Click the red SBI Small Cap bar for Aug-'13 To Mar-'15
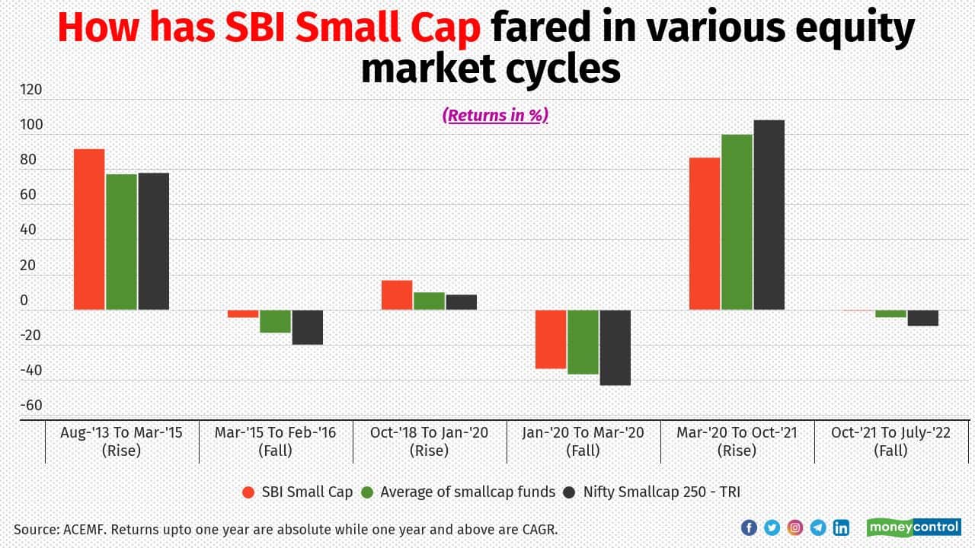click(89, 229)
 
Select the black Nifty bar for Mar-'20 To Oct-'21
click(769, 215)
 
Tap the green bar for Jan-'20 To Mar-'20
click(583, 342)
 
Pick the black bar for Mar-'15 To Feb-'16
click(308, 327)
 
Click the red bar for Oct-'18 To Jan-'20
click(397, 295)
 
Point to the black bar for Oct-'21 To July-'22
click(922, 318)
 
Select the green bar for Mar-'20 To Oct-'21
click(737, 221)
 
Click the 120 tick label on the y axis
click(31, 90)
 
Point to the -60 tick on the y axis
click(31, 406)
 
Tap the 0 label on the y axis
click(24, 301)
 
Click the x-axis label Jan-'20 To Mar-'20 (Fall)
click(583, 441)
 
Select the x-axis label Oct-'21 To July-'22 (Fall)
click(890, 441)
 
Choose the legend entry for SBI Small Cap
click(297, 492)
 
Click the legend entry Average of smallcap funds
click(459, 492)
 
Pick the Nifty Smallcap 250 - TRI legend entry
click(651, 492)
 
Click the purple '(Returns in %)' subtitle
click(495, 115)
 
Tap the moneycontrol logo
click(913, 527)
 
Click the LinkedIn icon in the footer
click(841, 527)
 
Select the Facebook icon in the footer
click(749, 527)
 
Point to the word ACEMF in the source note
click(86, 528)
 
